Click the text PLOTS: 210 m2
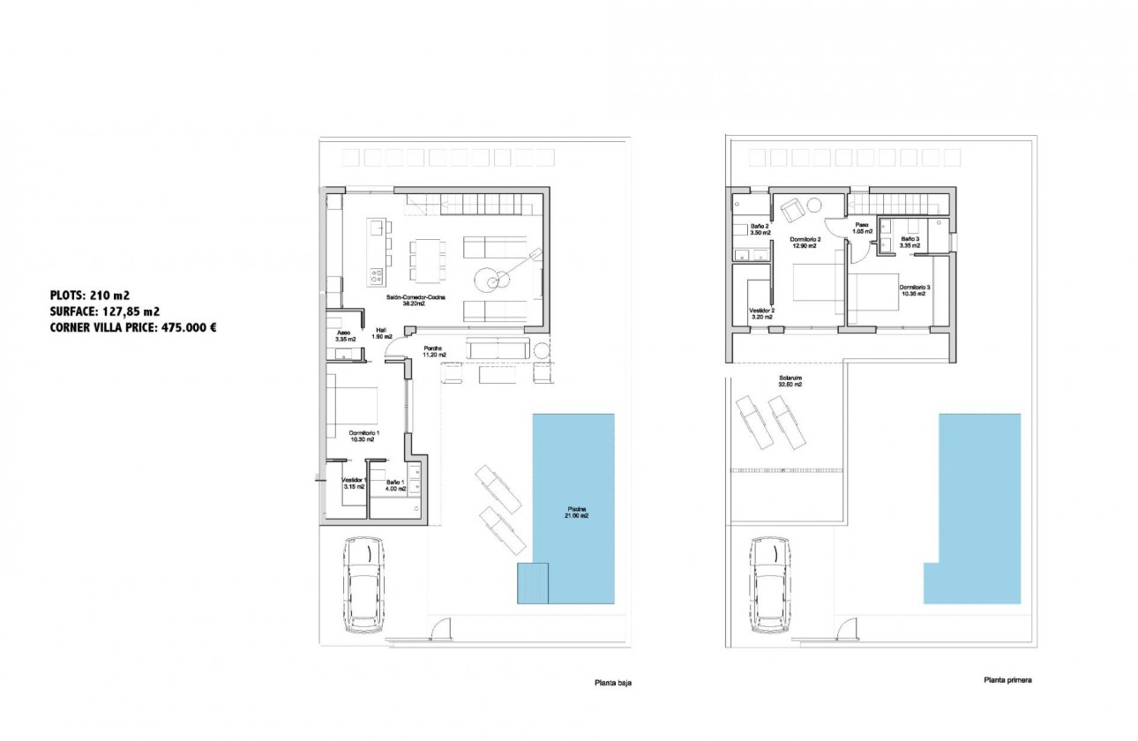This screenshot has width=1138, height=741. [x=93, y=295]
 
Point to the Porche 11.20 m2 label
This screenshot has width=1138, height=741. [x=433, y=351]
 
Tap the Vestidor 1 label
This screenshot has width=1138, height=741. [x=354, y=483]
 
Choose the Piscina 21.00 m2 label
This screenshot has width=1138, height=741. [x=577, y=513]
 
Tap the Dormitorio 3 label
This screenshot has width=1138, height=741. [x=913, y=290]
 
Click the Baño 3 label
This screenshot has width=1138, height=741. [x=910, y=243]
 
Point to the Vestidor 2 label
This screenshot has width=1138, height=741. [x=761, y=314]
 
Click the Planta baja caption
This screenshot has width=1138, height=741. [x=611, y=683]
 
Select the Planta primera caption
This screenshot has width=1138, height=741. [x=1007, y=681]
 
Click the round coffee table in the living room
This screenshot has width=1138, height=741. [x=489, y=278]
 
